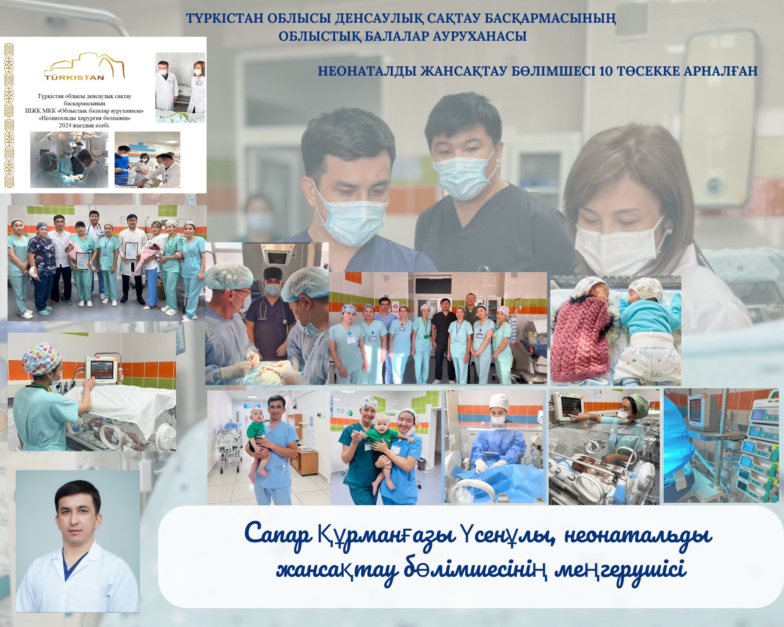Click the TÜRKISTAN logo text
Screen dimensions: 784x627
(x=74, y=77)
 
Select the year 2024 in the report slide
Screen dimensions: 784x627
(x=66, y=126)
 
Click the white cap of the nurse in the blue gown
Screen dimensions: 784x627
(x=499, y=401)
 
